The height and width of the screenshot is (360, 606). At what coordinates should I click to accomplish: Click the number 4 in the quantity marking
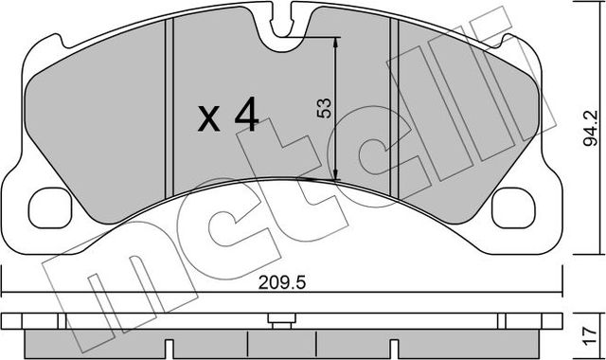pos(245,117)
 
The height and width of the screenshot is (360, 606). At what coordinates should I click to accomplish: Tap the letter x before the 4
pos(208,119)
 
